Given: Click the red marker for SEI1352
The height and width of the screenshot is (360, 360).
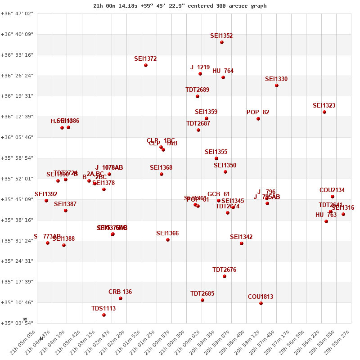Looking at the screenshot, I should pos(222,42).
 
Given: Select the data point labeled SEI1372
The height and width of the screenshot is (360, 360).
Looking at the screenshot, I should pos(146,65).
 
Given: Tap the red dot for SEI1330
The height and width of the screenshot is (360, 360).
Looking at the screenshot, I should pos(277,85).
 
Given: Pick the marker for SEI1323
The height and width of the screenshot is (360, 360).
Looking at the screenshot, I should pos(324,112).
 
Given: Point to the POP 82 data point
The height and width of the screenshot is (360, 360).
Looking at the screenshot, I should pos(258,119).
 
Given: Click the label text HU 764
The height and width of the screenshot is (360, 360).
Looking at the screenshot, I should pos(223,71).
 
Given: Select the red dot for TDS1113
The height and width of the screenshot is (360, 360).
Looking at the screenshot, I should pos(104,315).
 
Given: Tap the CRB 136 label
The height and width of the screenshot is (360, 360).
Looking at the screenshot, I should pos(120,292).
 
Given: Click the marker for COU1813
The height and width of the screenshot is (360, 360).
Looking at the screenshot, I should pos(261,303).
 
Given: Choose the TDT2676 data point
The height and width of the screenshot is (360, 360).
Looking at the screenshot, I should pos(225,276).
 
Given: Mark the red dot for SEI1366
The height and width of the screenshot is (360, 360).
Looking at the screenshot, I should pos(168,240).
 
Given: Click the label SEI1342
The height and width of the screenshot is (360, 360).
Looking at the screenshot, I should pos(241,237).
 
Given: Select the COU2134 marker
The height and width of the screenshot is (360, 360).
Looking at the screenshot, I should pos(333,197).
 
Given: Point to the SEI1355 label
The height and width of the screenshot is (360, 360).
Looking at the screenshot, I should pos(216,152).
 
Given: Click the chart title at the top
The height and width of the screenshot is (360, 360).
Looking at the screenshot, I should pos(180,6).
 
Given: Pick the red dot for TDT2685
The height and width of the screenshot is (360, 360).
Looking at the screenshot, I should pos(202,300).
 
